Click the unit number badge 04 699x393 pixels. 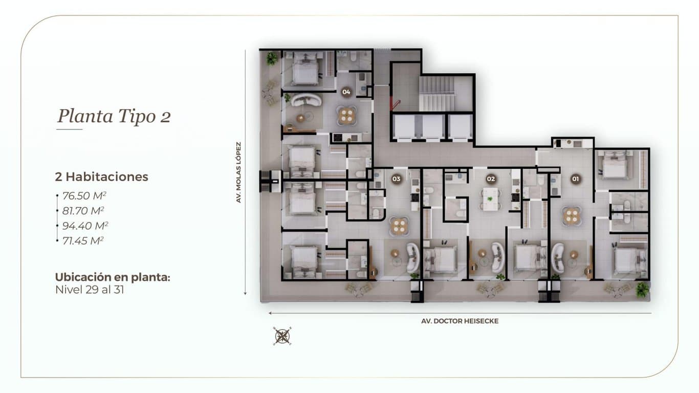[x=346, y=92]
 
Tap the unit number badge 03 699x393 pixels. [x=396, y=179]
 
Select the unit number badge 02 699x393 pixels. [x=491, y=179]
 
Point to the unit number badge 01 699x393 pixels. [x=576, y=179]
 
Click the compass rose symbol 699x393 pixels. [x=282, y=336]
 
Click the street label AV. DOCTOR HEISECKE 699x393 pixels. [x=460, y=321]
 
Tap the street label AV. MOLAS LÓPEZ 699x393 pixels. [x=239, y=172]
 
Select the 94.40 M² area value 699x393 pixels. [x=85, y=226]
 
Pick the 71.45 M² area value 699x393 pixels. [x=83, y=241]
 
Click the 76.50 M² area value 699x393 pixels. [x=84, y=195]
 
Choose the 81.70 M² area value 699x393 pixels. [x=83, y=211]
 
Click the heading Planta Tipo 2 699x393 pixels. [x=114, y=116]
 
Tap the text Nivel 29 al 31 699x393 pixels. [x=90, y=290]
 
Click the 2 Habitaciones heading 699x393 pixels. [x=101, y=177]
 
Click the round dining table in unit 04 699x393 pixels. [x=346, y=116]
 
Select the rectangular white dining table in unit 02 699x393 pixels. [x=490, y=199]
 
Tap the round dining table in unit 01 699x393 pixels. [x=572, y=216]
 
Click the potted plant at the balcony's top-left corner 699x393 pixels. [x=272, y=58]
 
